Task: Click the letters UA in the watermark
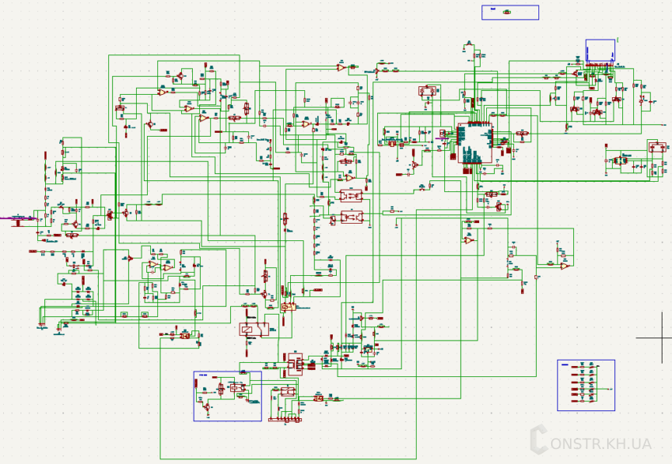click(x=641, y=444)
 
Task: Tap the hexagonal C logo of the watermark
click(x=539, y=439)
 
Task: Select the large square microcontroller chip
click(x=475, y=143)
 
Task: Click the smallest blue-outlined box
click(x=510, y=12)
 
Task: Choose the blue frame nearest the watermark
click(x=586, y=385)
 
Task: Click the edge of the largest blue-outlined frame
click(x=194, y=396)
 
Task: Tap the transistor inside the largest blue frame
click(x=206, y=406)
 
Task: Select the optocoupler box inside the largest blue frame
click(x=238, y=387)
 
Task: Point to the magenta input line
click(x=16, y=217)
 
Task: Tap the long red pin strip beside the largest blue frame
click(x=284, y=419)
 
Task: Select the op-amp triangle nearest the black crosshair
click(x=564, y=266)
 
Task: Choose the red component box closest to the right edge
click(x=657, y=147)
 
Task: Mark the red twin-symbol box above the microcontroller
click(x=428, y=92)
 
